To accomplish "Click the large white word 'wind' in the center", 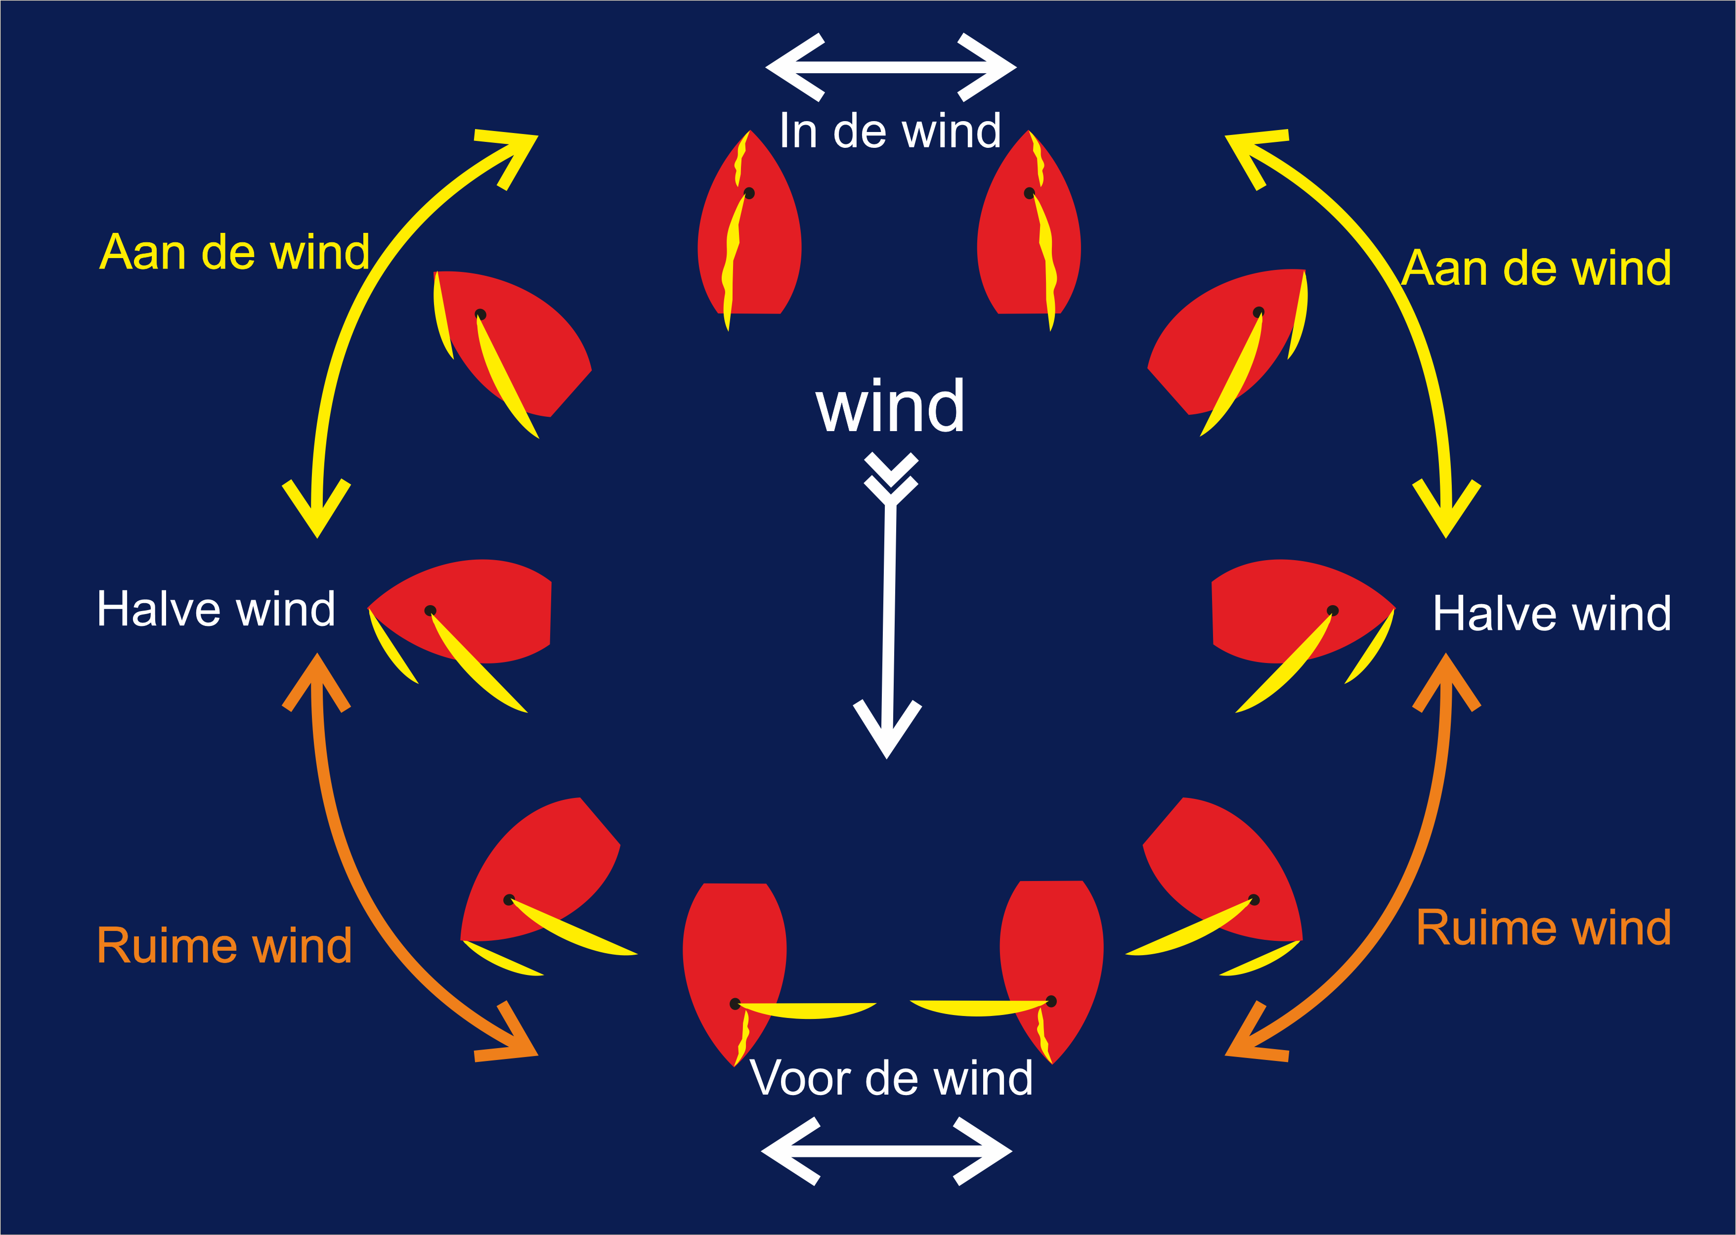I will point(890,407).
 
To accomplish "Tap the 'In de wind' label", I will point(890,131).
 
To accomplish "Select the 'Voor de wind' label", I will point(891,1078).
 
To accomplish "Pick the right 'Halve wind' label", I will point(1551,613).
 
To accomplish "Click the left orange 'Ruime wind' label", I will point(224,945).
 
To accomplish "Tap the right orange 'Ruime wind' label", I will point(1544,928).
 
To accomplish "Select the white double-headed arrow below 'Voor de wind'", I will point(887,1151).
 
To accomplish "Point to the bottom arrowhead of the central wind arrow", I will point(887,730).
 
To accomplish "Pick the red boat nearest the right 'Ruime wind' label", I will point(1224,875).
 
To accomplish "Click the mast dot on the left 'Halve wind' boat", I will point(430,611).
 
